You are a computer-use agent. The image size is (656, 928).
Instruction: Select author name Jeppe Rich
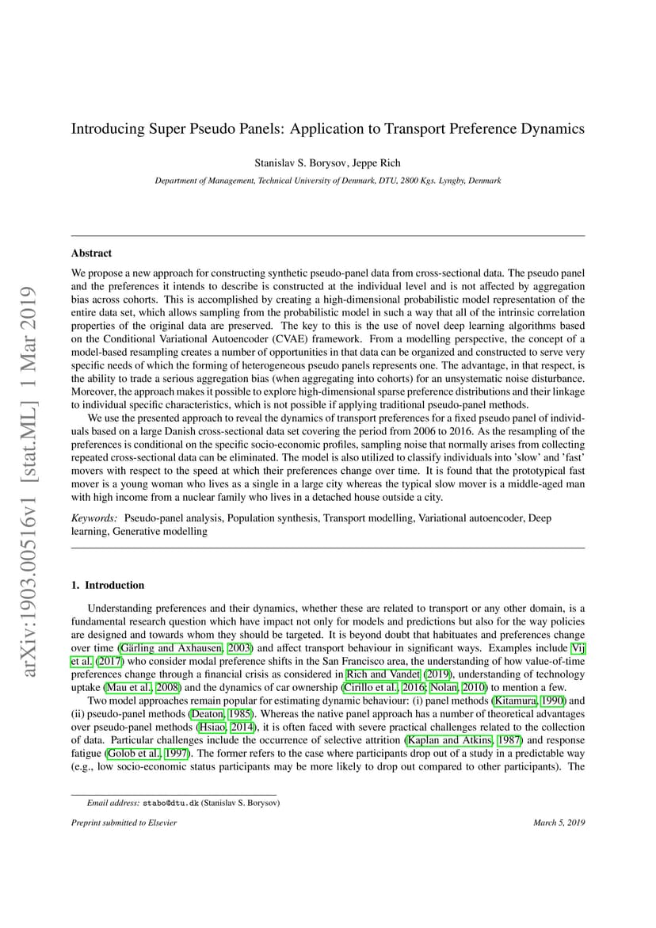tap(377, 163)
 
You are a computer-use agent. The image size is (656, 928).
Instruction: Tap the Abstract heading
tap(91, 254)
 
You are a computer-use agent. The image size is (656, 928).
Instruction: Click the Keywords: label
tap(94, 517)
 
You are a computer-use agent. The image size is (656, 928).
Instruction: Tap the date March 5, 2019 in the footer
tap(559, 823)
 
